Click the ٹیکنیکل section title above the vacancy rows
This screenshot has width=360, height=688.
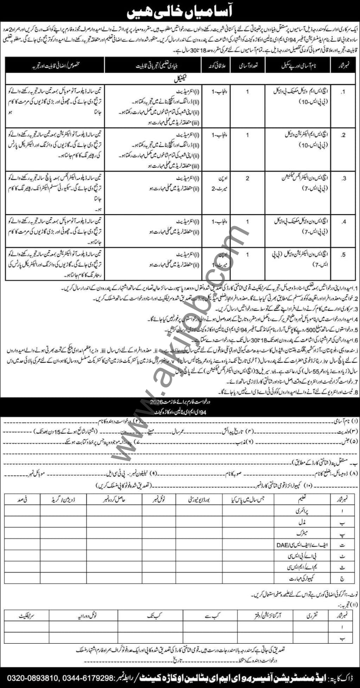[180, 79]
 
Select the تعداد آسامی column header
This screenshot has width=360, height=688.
[247, 68]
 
